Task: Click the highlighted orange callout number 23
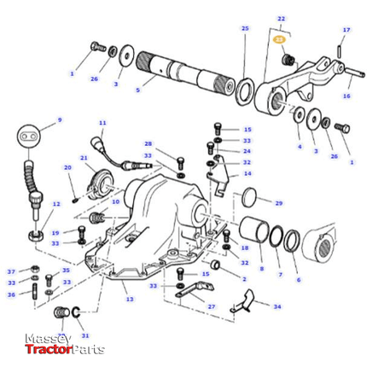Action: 278,39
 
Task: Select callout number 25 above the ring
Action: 245,29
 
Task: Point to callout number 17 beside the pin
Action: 346,30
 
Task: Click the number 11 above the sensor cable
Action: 102,124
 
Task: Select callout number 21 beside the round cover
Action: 84,159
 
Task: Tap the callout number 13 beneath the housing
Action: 130,300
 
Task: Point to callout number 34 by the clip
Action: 277,306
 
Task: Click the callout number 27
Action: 211,306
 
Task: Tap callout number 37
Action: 11,271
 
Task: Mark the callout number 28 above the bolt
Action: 148,143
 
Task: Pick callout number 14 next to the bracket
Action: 248,173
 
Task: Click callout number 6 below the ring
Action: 298,280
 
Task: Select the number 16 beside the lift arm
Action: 346,96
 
